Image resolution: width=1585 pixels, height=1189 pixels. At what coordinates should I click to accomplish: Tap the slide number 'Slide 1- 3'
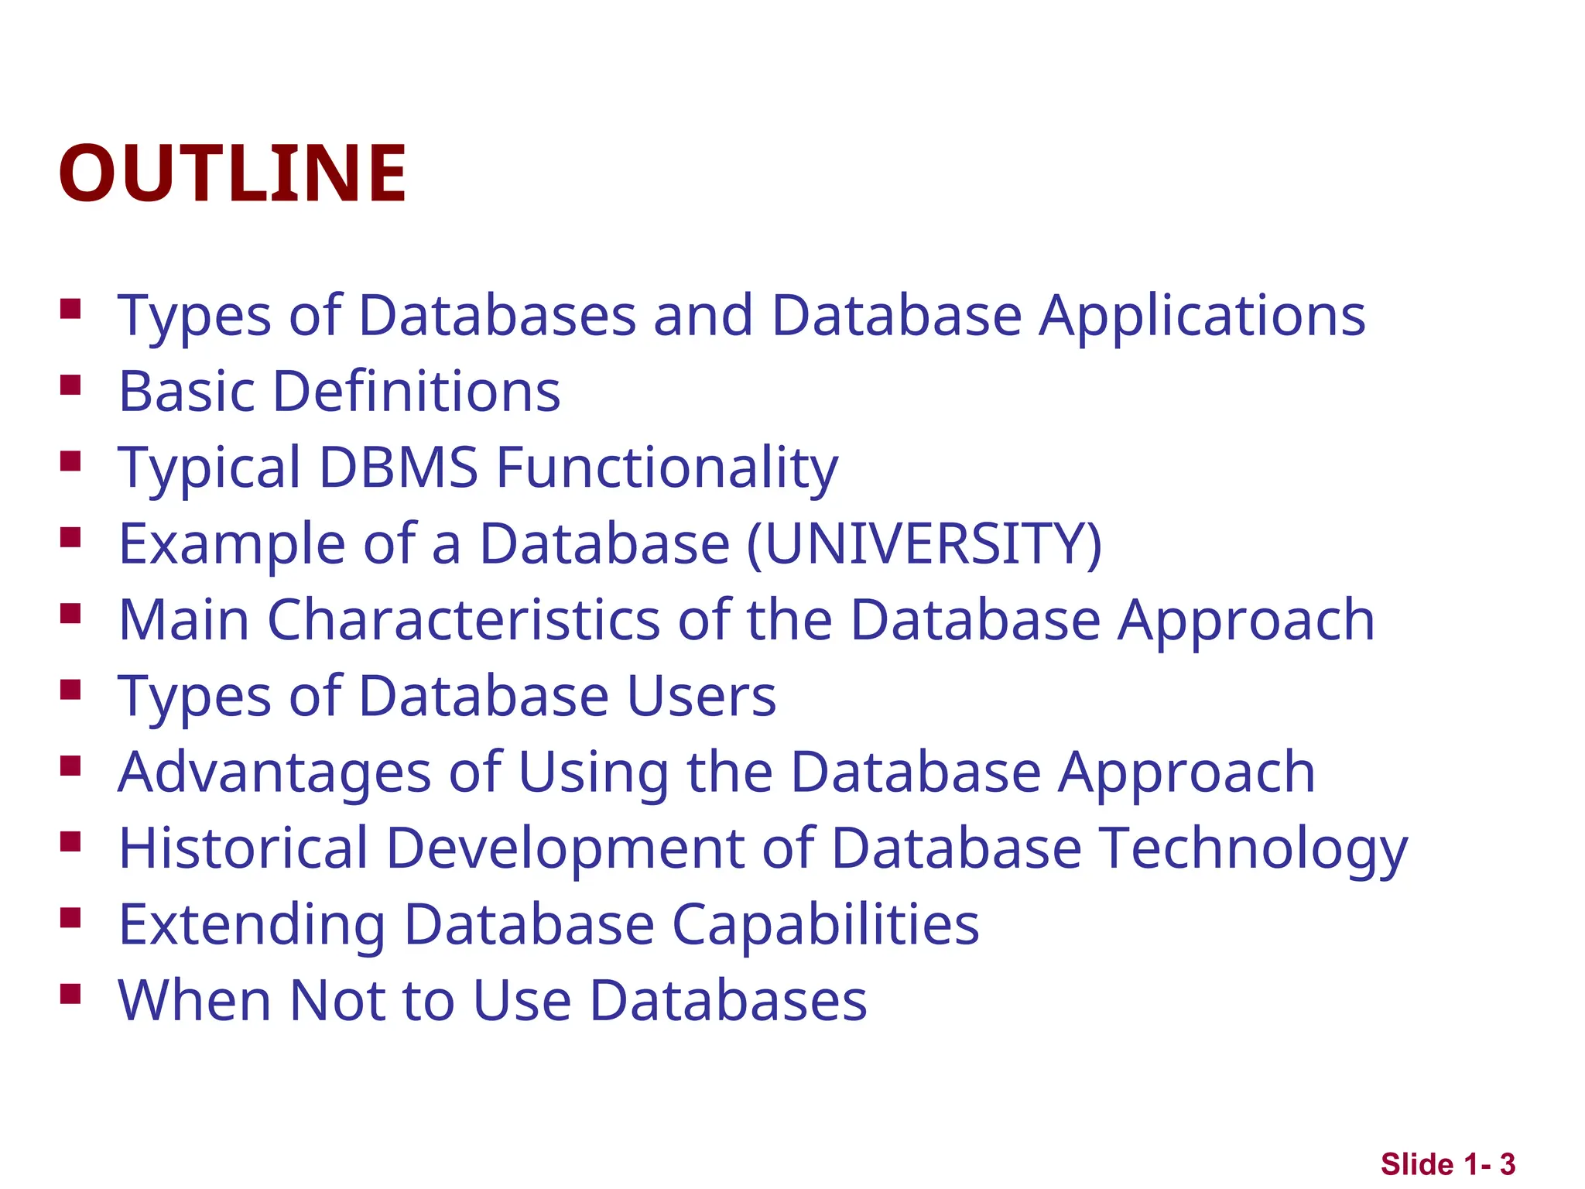[x=1447, y=1164]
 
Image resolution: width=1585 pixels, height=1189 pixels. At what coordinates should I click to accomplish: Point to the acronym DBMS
[x=398, y=468]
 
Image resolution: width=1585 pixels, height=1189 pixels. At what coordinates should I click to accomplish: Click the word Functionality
[x=666, y=468]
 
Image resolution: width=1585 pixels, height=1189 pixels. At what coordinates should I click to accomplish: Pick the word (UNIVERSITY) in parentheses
[x=924, y=543]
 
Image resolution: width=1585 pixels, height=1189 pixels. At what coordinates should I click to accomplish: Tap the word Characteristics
[x=464, y=620]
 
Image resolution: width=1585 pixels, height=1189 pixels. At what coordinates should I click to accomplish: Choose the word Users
[x=701, y=696]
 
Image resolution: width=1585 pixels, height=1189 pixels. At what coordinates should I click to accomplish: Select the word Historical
[x=243, y=848]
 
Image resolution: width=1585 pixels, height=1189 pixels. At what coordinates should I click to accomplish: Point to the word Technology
[x=1254, y=848]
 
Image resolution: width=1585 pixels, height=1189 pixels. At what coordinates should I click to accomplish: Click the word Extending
[x=252, y=925]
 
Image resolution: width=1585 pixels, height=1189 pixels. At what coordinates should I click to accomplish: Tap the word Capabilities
[x=825, y=925]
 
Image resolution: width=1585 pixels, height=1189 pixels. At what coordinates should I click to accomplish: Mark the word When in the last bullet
[x=194, y=1000]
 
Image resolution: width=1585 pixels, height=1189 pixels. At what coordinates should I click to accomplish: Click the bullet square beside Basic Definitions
[x=70, y=385]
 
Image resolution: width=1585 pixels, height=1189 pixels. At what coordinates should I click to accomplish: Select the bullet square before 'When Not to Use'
[x=70, y=994]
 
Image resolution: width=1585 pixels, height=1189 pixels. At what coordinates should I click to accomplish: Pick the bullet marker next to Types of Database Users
[x=70, y=690]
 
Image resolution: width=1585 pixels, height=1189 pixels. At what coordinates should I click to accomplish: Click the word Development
[x=565, y=848]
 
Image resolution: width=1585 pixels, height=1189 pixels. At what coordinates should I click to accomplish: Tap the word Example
[x=231, y=543]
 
